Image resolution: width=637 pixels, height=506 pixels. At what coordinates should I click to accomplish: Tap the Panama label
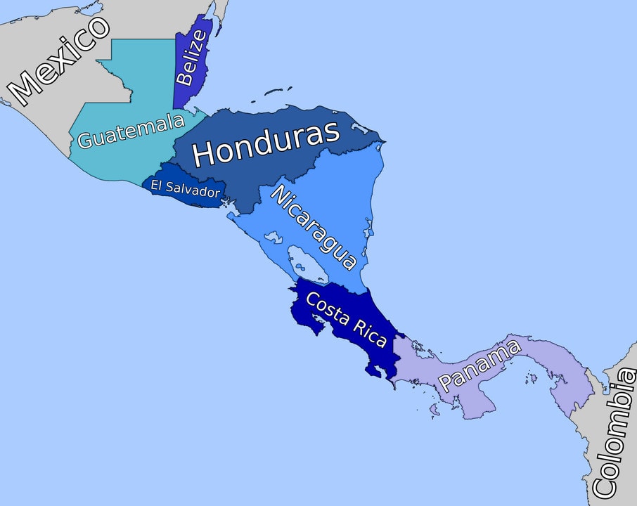click(x=481, y=365)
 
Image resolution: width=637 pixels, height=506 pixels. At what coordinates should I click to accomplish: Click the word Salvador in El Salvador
click(x=194, y=190)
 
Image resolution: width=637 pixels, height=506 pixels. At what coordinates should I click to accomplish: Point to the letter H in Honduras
click(x=205, y=154)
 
